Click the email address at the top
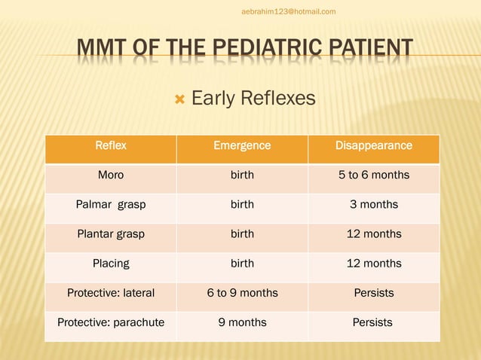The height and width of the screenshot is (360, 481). click(289, 11)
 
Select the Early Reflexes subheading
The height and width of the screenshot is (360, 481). click(253, 99)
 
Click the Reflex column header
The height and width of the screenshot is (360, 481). click(111, 145)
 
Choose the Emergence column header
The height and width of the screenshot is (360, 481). click(242, 145)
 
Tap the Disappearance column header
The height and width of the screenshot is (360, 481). click(373, 145)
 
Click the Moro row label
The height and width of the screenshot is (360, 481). click(111, 175)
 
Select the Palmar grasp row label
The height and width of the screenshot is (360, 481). click(111, 204)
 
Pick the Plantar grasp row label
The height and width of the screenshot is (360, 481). click(111, 233)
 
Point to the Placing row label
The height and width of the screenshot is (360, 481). click(111, 264)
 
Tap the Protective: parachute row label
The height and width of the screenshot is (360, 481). click(111, 322)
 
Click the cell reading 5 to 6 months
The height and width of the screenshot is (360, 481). click(373, 175)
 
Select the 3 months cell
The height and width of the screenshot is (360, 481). click(373, 204)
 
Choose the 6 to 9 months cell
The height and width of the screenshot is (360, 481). click(242, 293)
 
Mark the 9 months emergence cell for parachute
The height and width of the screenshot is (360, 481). click(242, 322)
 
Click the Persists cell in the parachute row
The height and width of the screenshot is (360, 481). click(373, 322)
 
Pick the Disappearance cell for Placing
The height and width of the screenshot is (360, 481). click(373, 264)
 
